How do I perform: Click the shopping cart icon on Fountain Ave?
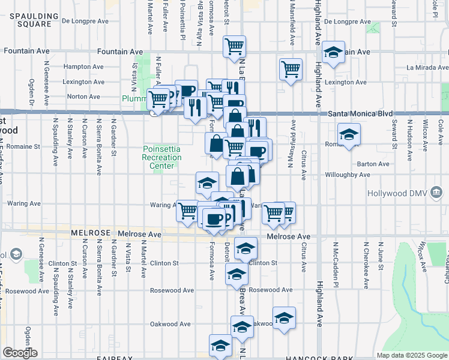pos(234,46)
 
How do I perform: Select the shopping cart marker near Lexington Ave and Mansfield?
pos(291,69)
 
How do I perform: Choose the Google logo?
pos(20,353)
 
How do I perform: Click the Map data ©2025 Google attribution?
pos(412,355)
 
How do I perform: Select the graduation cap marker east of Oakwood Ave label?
pos(284,318)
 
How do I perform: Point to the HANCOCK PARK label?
pos(313,356)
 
